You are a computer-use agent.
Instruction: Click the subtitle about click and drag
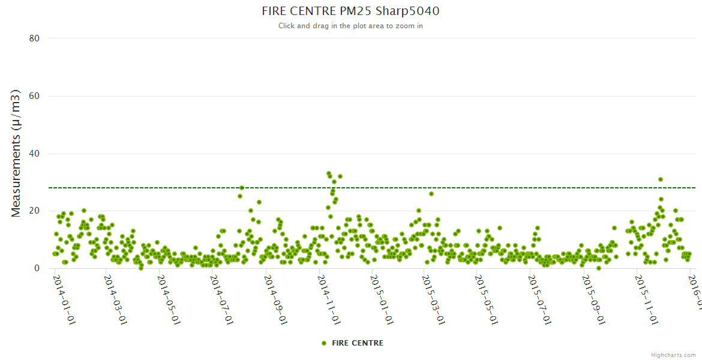(x=350, y=26)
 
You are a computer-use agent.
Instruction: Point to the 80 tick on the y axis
(x=34, y=38)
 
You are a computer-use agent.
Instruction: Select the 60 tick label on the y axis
(x=34, y=96)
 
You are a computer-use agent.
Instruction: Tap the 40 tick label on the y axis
(x=34, y=154)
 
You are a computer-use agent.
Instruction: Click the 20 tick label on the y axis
(x=34, y=211)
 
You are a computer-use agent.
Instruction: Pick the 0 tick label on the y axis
(x=37, y=269)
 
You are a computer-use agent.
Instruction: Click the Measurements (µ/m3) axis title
(x=17, y=153)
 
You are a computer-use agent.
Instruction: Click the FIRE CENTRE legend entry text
(x=357, y=343)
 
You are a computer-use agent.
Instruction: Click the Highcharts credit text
(x=673, y=355)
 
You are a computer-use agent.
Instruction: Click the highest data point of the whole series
(x=329, y=174)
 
